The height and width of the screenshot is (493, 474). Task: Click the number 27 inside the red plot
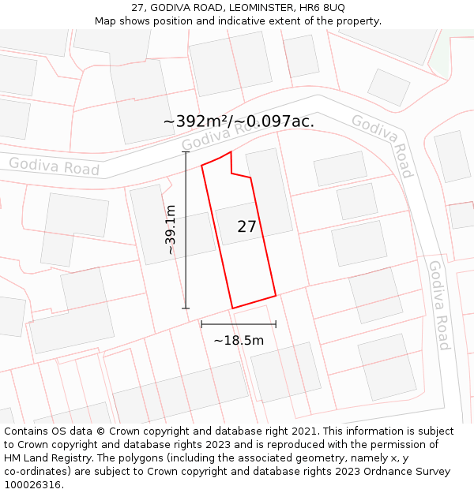click(246, 226)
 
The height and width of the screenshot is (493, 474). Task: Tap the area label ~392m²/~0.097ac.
click(239, 121)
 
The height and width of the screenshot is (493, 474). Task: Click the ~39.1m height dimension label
click(170, 230)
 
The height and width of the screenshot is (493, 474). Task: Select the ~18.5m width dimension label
click(239, 341)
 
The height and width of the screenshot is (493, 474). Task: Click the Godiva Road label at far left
click(55, 166)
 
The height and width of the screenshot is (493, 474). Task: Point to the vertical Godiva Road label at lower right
click(439, 304)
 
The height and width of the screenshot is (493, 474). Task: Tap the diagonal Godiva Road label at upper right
click(382, 145)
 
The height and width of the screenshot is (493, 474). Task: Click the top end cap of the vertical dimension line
click(186, 152)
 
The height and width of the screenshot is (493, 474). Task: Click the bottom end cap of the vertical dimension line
click(186, 308)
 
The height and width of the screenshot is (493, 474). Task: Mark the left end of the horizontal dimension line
click(201, 323)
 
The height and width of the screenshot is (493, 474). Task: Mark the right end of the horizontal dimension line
click(276, 323)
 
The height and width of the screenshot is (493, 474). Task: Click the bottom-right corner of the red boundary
click(276, 296)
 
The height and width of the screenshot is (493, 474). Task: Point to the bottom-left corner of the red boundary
click(232, 308)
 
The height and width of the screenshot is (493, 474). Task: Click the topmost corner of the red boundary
click(231, 152)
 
